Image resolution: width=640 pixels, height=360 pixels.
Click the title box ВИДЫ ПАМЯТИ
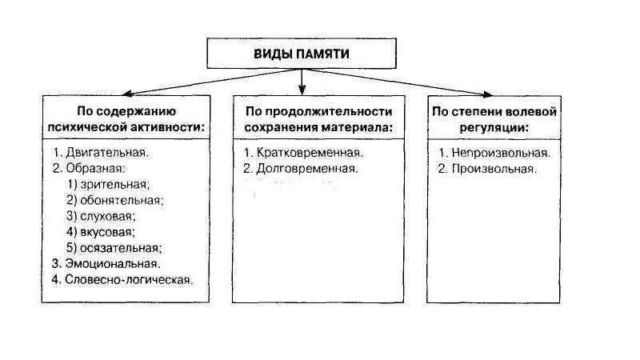coord(302,54)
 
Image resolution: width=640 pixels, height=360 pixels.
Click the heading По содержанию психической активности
coord(126,118)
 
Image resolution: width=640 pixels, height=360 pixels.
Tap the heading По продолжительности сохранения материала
coord(318,118)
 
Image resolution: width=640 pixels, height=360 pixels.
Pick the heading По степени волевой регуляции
coord(494,119)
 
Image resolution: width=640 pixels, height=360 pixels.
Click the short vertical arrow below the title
coord(302,82)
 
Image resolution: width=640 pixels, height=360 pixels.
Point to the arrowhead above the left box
coord(127,94)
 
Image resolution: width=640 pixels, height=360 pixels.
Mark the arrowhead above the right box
coord(488,94)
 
